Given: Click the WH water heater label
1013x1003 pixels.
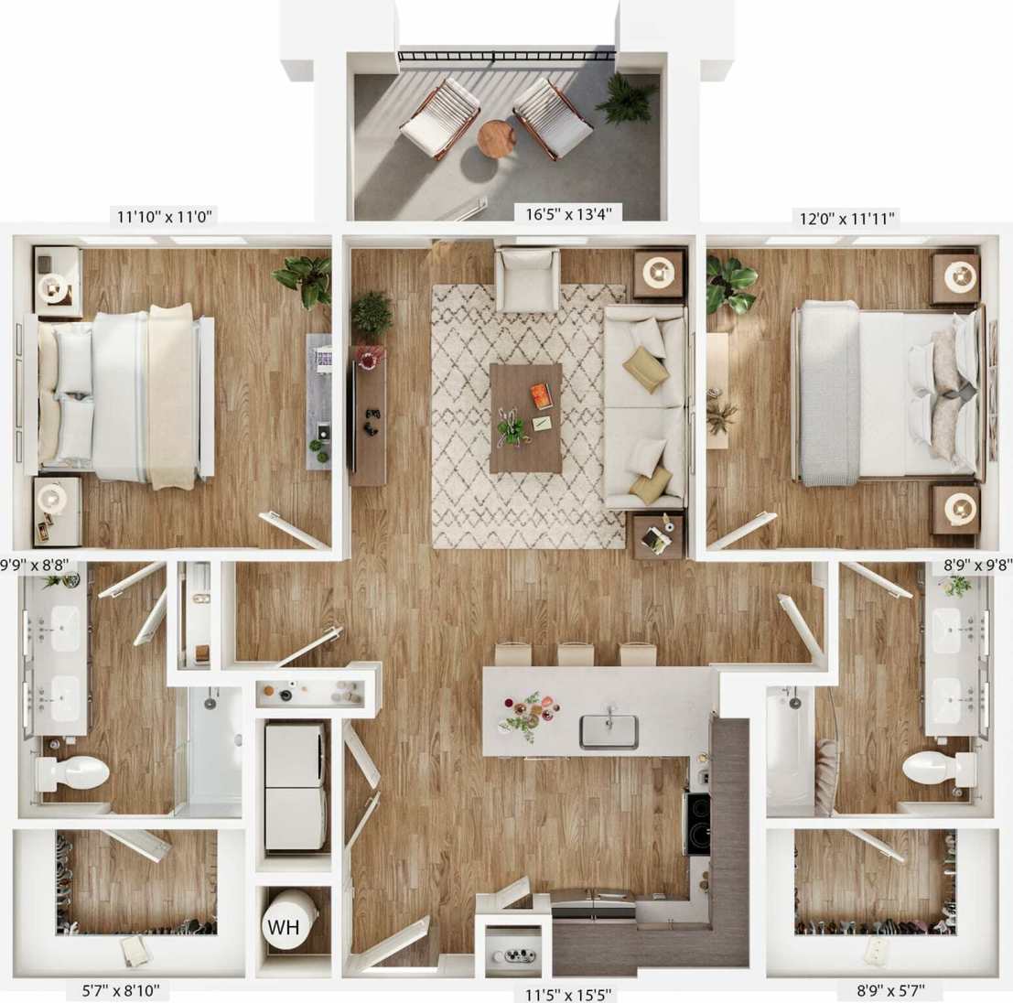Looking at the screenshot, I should tap(284, 926).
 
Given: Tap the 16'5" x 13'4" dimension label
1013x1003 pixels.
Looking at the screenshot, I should tap(567, 214).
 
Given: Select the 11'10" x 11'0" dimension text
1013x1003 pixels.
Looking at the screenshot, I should tap(165, 217).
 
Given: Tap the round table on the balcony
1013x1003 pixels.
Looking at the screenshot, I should tap(496, 137).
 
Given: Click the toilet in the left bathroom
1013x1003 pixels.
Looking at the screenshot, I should tap(73, 772).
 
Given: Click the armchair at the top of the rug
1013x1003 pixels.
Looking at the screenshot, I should tap(527, 278).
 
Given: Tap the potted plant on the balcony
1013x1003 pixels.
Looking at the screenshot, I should tap(627, 97).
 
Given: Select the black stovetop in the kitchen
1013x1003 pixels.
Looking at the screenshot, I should tap(697, 821).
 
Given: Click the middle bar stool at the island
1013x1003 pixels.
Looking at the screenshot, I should tap(576, 653).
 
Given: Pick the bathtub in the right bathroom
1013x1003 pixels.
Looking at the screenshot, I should tap(789, 749).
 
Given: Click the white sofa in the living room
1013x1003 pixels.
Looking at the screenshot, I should tap(645, 406).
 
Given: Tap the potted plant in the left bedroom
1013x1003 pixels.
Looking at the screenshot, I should tap(305, 278).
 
